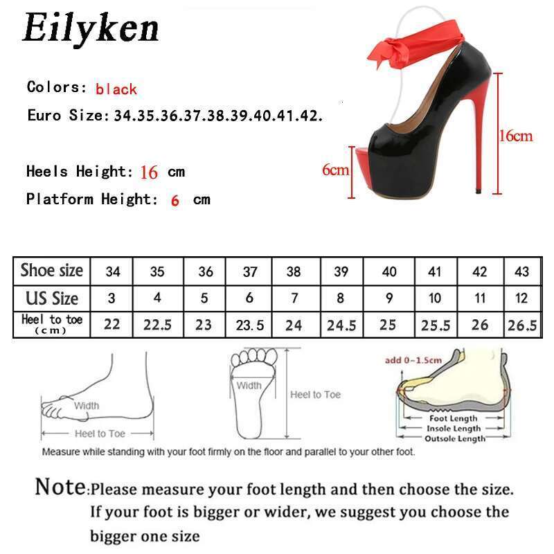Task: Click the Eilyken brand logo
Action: tap(91, 28)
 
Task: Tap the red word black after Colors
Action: tap(116, 89)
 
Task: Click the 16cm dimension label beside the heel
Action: tap(515, 136)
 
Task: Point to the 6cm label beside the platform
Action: tap(335, 170)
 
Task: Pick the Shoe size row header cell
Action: tap(51, 271)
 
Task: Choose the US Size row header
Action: tap(51, 298)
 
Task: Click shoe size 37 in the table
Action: tap(250, 271)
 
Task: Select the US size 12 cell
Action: tap(521, 298)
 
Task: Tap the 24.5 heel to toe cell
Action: tap(341, 325)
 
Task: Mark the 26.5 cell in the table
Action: tap(522, 325)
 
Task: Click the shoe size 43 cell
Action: tap(521, 271)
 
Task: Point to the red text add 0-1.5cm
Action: tap(413, 360)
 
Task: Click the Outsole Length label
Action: tap(455, 438)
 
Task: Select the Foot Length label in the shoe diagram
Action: tap(454, 418)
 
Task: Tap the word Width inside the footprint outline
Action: tap(249, 386)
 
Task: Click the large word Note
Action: tap(61, 487)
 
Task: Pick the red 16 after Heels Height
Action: tap(149, 172)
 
